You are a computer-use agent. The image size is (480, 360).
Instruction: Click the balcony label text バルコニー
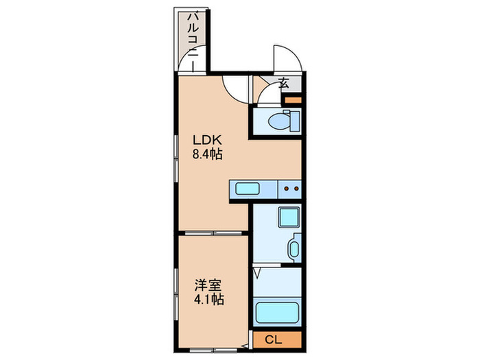coord(193,38)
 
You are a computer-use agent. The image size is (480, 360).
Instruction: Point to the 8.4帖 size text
coord(206,154)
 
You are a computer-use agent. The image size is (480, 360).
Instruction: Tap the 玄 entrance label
coord(284,85)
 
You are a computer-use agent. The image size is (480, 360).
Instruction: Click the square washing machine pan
coord(287,217)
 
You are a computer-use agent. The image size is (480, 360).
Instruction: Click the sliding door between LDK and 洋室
coord(213,234)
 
